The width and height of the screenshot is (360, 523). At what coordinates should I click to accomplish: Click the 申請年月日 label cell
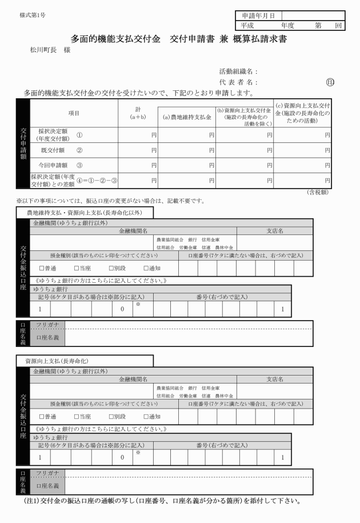tap(257, 15)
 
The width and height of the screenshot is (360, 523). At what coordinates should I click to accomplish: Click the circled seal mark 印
tap(330, 82)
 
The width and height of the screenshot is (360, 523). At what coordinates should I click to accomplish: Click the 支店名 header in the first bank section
tap(275, 230)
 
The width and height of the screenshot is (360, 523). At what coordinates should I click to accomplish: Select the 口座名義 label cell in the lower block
tap(47, 486)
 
